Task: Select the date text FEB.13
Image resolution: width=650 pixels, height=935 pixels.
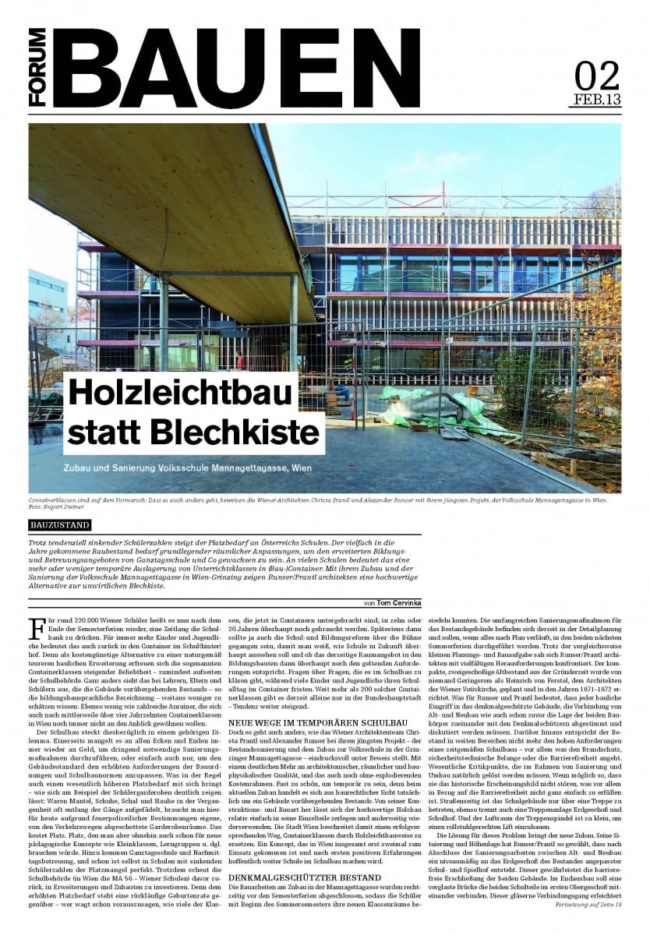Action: point(597,100)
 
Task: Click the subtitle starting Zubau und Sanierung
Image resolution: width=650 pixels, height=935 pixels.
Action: point(192,470)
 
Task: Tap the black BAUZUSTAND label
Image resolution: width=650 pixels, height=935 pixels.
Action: point(59,525)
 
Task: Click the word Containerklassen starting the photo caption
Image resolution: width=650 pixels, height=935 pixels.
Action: point(53,499)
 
